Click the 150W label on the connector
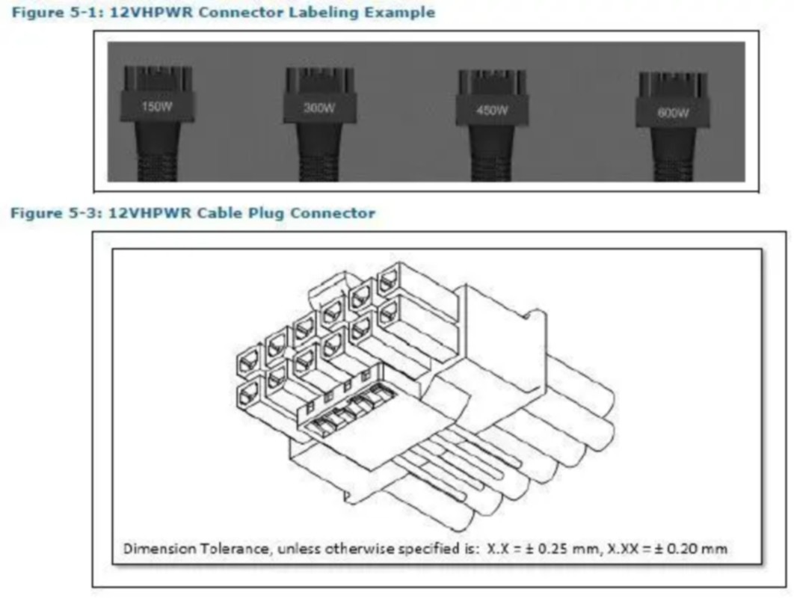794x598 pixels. pyautogui.click(x=157, y=107)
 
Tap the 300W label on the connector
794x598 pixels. pyautogui.click(x=319, y=108)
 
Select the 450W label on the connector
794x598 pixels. pyautogui.click(x=492, y=111)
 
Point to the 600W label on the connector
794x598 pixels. pyautogui.click(x=672, y=113)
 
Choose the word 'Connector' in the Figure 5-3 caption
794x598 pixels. pyautogui.click(x=332, y=213)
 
